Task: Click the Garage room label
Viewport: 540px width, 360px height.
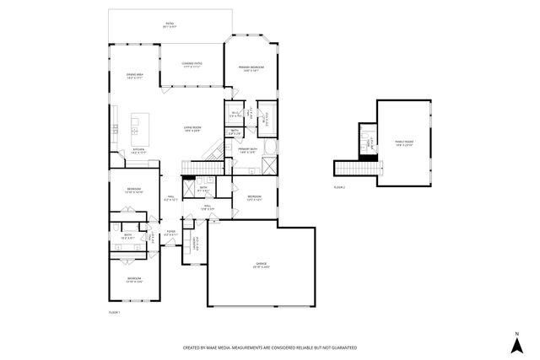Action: point(262,266)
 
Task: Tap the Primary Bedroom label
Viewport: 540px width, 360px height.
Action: point(251,68)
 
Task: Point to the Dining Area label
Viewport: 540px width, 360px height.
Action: point(135,76)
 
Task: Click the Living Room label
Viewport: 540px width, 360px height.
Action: point(192,129)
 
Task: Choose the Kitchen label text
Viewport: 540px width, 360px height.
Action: point(138,151)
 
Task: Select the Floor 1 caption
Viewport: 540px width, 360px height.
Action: point(115,312)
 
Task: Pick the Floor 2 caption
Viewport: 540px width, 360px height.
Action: point(339,185)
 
